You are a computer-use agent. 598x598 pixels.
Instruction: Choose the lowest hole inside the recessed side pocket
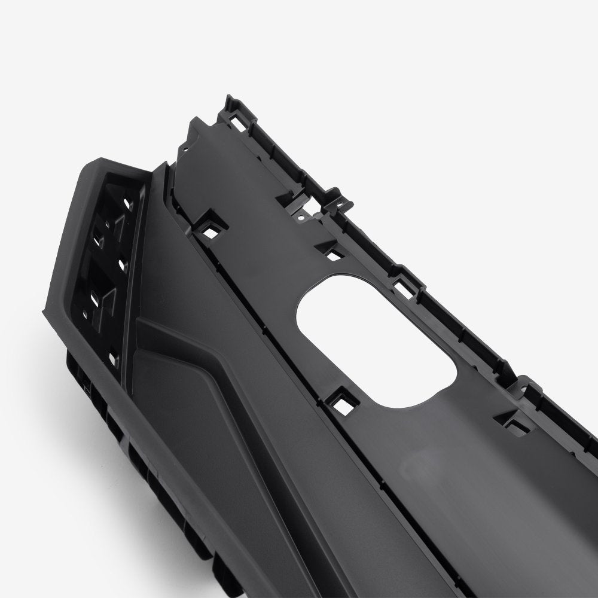pyautogui.click(x=114, y=359)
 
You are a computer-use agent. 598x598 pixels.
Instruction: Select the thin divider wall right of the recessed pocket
pyautogui.click(x=134, y=263)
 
